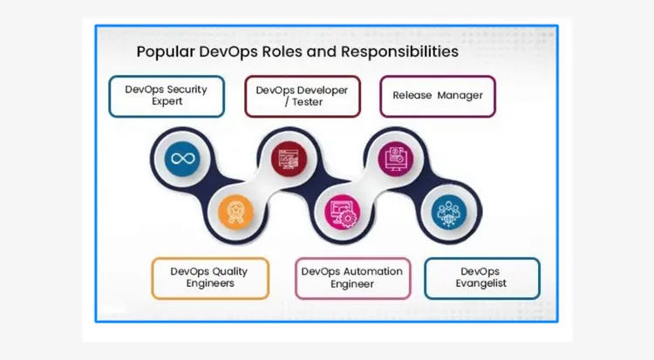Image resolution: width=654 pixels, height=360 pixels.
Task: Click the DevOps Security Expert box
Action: coord(167,96)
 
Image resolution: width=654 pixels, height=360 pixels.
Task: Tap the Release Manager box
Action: coord(437,96)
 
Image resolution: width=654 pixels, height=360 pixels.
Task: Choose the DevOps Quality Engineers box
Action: coord(209,277)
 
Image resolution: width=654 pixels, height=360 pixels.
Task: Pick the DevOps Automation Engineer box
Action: coord(351,277)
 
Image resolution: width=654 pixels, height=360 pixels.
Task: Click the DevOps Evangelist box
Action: coord(481,277)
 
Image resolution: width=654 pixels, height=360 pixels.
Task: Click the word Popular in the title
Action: coord(166,52)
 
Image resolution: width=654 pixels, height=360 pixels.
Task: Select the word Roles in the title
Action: coord(268,52)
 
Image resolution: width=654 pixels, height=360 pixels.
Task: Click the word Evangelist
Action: coord(481,283)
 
